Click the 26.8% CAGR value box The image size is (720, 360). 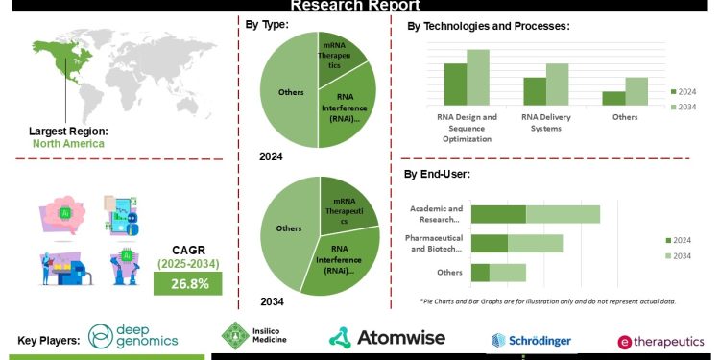[x=187, y=284]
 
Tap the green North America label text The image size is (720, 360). [x=68, y=144]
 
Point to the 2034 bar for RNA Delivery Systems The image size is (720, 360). [x=558, y=84]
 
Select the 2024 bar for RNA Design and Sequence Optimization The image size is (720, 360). [x=455, y=84]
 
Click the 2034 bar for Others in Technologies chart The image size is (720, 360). [x=636, y=91]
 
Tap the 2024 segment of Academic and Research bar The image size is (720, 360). [x=498, y=214]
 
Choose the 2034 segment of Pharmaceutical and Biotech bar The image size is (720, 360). [x=535, y=243]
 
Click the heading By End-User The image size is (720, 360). [x=436, y=174]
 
